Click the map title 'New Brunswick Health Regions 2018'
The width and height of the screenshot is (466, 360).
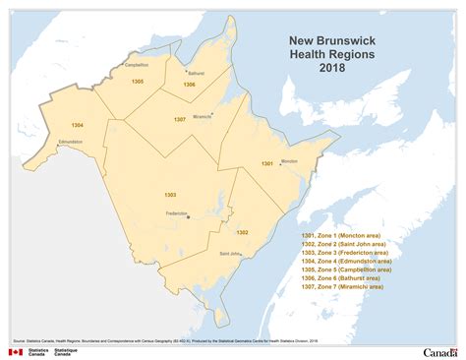324,55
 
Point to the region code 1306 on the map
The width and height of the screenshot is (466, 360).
189,85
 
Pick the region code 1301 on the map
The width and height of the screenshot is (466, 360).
266,163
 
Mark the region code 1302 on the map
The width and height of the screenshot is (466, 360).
242,233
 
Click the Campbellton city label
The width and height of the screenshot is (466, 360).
137,65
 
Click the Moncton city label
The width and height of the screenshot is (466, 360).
288,160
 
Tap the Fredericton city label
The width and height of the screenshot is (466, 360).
177,212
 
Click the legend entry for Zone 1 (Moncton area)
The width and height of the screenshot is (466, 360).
343,236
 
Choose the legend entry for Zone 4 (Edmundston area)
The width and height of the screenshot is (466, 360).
347,262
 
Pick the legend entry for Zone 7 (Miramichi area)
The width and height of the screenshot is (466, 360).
344,287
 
